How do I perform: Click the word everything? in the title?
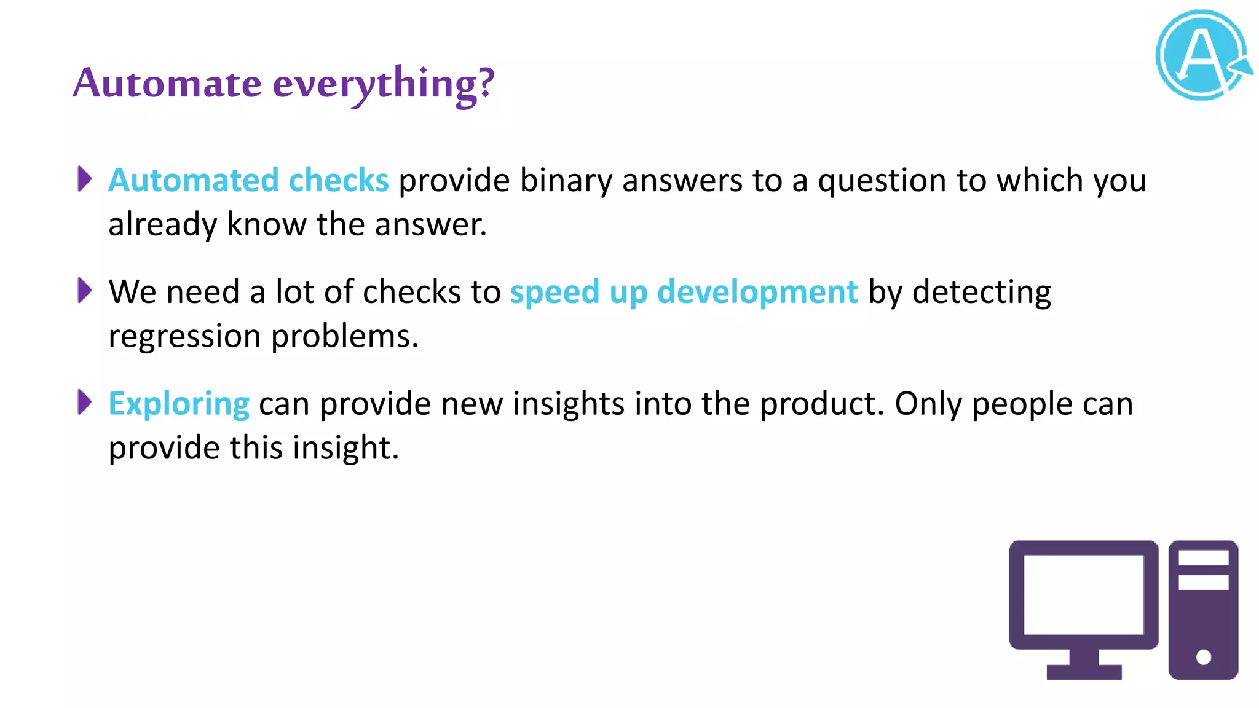(383, 84)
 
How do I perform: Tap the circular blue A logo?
(1202, 55)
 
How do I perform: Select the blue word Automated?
(194, 180)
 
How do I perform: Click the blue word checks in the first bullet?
(339, 180)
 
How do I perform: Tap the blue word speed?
(555, 292)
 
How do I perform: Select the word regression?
(184, 337)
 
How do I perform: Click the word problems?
(344, 337)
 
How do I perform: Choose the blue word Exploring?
(179, 404)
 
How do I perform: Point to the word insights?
(568, 404)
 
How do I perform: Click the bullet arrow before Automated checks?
(85, 179)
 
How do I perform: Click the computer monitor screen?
(1083, 594)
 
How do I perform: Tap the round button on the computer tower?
(1203, 657)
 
